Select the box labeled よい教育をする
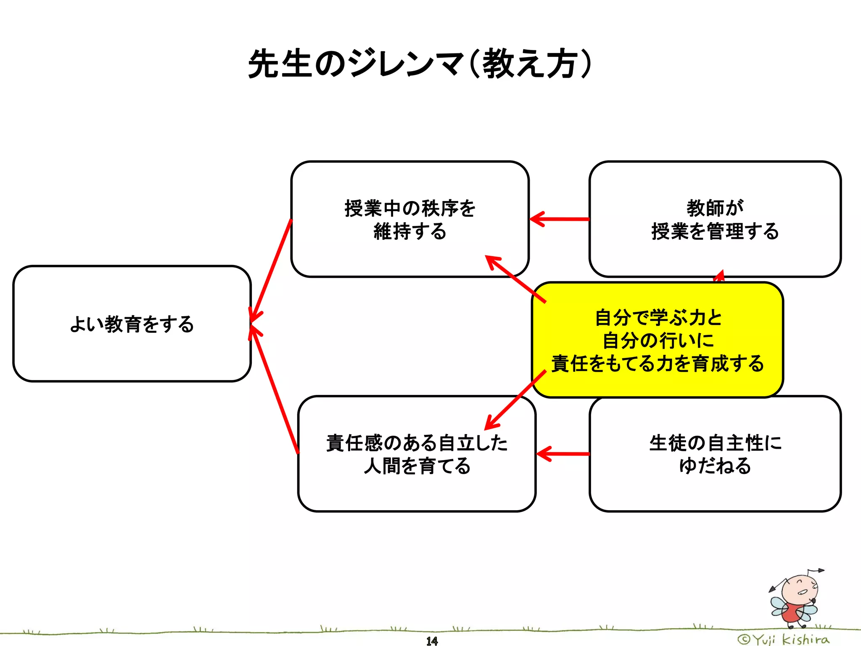132,324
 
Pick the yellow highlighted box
658,340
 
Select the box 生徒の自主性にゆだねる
715,454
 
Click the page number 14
432,641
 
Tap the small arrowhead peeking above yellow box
720,275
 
